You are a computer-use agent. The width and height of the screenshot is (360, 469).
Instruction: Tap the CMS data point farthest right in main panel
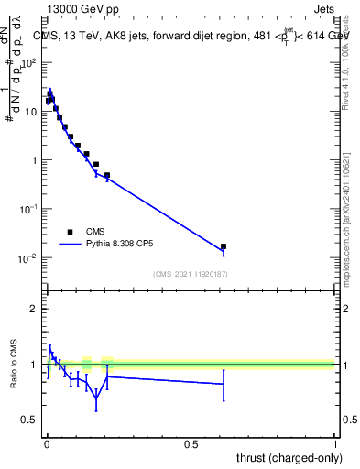[x=224, y=246]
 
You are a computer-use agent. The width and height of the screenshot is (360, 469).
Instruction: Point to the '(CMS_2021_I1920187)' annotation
[x=191, y=275]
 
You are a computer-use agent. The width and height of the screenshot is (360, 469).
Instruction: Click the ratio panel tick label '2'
[x=35, y=309]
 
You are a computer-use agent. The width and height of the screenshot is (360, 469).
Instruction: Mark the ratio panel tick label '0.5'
[x=30, y=420]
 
